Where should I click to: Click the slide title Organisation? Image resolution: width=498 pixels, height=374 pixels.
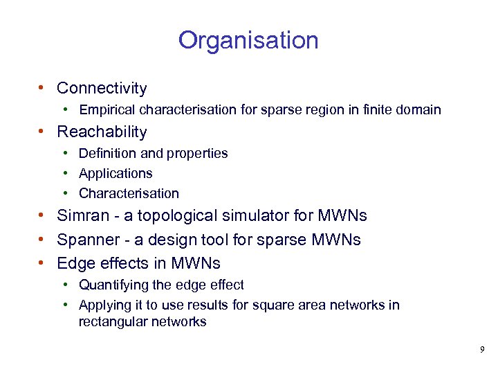click(248, 40)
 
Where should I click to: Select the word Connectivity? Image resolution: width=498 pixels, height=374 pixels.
click(102, 88)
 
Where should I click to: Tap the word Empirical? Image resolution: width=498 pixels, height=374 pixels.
click(107, 110)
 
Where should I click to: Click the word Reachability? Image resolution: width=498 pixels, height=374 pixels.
click(102, 132)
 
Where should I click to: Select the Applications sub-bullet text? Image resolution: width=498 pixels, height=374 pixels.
click(116, 173)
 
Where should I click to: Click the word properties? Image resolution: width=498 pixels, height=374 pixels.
click(196, 153)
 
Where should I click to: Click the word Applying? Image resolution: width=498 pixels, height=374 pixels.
click(103, 305)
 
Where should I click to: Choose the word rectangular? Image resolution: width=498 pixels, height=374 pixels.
click(111, 321)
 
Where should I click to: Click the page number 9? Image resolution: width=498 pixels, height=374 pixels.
click(482, 350)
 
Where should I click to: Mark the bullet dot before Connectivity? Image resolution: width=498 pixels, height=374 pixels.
click(43, 88)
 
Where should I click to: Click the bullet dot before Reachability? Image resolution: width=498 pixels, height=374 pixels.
click(43, 132)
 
